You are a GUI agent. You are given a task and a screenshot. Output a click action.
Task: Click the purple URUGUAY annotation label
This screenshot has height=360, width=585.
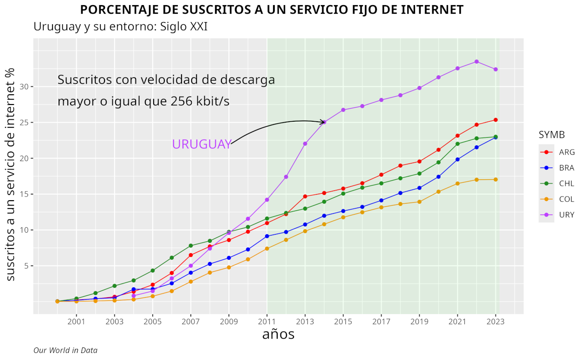201,144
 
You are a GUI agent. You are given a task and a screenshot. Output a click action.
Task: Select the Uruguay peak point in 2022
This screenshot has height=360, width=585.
477,62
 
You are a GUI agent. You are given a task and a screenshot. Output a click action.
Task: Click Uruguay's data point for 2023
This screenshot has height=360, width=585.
496,70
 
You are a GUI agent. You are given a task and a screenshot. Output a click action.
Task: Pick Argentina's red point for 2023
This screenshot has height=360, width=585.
496,120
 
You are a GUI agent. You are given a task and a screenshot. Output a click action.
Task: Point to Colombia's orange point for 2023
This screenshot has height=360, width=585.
496,179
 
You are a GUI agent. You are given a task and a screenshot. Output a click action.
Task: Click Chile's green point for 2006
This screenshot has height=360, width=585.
172,258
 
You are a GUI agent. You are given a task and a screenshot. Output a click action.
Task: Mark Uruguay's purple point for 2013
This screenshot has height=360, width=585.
305,144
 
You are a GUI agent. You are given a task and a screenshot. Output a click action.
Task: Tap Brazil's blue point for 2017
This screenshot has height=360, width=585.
382,201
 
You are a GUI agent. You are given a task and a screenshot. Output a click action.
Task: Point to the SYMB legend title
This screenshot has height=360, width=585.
552,135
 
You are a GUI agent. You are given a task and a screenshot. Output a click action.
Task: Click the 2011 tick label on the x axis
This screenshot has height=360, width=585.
267,321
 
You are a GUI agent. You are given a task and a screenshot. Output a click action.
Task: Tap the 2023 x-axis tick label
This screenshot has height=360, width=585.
496,321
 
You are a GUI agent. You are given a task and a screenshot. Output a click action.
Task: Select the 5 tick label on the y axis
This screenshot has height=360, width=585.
27,266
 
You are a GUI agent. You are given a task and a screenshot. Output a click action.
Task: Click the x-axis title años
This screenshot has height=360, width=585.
278,334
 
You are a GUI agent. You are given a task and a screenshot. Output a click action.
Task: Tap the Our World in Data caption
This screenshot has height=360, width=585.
65,350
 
